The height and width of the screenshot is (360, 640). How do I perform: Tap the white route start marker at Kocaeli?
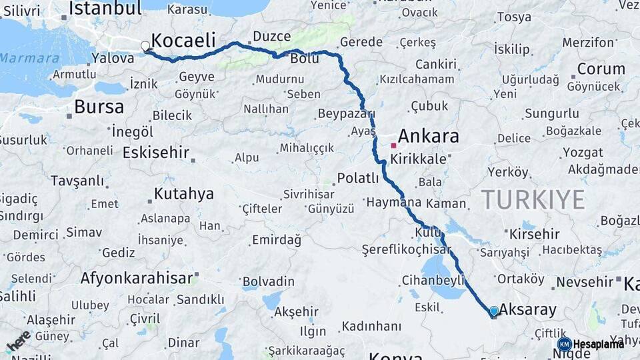tap(145, 46)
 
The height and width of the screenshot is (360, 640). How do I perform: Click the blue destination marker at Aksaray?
tap(493, 311)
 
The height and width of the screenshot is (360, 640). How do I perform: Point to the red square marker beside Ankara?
tap(394, 145)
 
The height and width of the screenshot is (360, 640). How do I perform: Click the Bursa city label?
tap(99, 107)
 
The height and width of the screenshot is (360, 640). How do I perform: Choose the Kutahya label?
tap(184, 194)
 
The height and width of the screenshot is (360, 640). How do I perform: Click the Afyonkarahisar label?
tap(137, 278)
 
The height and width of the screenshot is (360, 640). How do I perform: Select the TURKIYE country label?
tap(533, 200)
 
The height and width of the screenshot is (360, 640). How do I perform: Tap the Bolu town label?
tap(304, 59)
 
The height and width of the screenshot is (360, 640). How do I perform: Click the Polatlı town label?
tap(357, 178)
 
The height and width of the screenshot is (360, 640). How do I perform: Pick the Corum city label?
tap(601, 69)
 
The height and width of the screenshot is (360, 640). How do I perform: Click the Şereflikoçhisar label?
tap(407, 250)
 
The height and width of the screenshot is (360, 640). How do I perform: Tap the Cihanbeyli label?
tap(433, 281)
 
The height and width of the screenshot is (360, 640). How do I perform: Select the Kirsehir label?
tap(534, 234)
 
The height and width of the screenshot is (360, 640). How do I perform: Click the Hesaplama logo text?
tap(599, 344)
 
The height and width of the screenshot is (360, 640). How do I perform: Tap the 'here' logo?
tap(18, 341)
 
